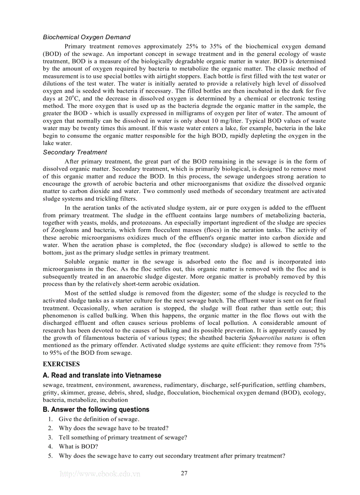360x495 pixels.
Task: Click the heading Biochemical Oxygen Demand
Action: point(86,37)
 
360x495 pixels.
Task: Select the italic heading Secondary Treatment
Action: point(75,152)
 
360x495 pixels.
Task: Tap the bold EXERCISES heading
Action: point(61,364)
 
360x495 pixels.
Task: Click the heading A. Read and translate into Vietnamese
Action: point(102,375)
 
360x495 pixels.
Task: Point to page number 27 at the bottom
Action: point(184,473)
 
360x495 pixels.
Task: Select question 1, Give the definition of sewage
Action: point(99,419)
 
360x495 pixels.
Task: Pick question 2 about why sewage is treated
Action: point(113,428)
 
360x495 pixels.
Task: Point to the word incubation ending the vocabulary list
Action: point(114,400)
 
